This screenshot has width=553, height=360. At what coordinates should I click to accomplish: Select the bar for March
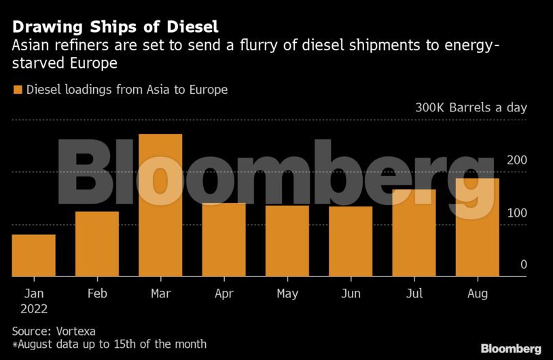coord(160,205)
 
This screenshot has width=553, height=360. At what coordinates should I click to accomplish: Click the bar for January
coord(33,255)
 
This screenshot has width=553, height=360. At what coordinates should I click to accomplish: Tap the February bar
coord(97,244)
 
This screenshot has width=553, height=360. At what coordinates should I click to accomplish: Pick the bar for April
coord(224,240)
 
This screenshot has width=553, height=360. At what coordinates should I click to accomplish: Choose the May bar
coord(287,241)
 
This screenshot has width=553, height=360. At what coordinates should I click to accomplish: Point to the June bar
coord(351,241)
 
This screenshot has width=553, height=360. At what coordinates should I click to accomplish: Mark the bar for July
coord(414,233)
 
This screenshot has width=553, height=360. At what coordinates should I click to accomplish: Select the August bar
coord(478,228)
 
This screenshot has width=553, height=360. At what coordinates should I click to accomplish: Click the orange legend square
coord(17,90)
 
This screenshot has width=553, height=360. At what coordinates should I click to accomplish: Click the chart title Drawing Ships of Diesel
coord(115,27)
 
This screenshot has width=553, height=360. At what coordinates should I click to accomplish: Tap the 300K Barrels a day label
coord(471,107)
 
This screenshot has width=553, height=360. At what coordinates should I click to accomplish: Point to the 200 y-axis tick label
coord(517,160)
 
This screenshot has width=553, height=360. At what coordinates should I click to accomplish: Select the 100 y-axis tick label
coord(517,213)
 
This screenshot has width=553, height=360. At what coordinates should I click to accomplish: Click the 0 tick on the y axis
coord(524,265)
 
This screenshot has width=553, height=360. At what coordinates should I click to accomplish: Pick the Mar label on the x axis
coord(161,293)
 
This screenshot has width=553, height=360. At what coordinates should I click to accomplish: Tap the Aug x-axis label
coord(478,293)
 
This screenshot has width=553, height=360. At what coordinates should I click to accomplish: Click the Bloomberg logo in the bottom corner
coord(511,348)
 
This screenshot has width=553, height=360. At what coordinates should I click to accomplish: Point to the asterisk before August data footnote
coord(15,344)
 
